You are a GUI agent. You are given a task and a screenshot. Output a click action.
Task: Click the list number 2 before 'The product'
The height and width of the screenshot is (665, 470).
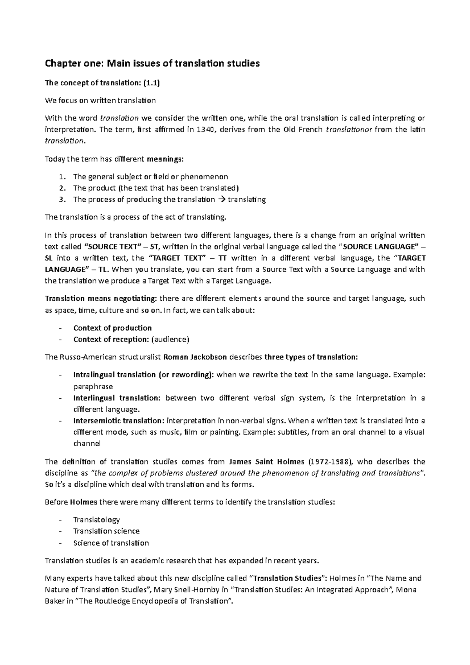tap(61, 188)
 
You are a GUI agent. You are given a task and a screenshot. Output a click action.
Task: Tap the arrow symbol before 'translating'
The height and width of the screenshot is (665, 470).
tap(221, 200)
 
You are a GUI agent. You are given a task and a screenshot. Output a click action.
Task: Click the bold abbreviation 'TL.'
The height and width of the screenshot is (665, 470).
tap(103, 269)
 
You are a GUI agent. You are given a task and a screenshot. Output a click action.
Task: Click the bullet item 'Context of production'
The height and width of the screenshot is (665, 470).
tap(112, 328)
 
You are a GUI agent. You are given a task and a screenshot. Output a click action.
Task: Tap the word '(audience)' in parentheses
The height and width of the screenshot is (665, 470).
tap(170, 340)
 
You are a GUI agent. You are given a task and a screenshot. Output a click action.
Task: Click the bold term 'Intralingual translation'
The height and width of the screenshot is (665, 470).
tap(114, 375)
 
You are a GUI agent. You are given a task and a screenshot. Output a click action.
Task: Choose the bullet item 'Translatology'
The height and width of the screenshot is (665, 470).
tap(96, 520)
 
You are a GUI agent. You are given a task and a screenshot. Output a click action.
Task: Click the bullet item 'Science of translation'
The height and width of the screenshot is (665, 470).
tap(111, 543)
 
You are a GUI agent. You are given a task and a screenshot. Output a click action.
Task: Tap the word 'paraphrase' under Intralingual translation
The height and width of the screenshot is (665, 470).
tap(93, 387)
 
